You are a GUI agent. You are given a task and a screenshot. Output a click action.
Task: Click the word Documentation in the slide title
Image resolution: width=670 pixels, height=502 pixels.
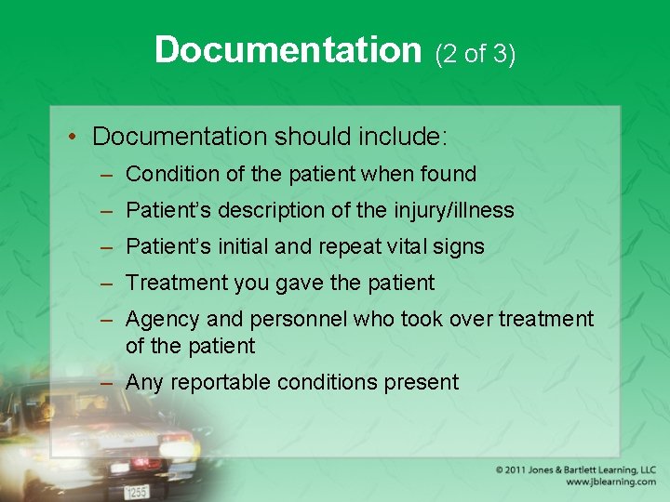tap(288, 50)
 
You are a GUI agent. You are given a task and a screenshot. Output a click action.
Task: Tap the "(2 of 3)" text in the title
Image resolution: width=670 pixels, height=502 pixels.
tap(475, 54)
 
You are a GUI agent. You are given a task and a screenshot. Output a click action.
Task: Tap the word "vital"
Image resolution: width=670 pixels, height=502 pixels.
tap(410, 246)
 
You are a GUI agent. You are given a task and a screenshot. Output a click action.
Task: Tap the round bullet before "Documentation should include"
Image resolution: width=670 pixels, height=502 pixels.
tap(73, 138)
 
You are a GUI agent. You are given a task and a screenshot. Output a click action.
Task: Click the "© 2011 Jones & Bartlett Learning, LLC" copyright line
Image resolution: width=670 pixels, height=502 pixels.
tap(575, 469)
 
